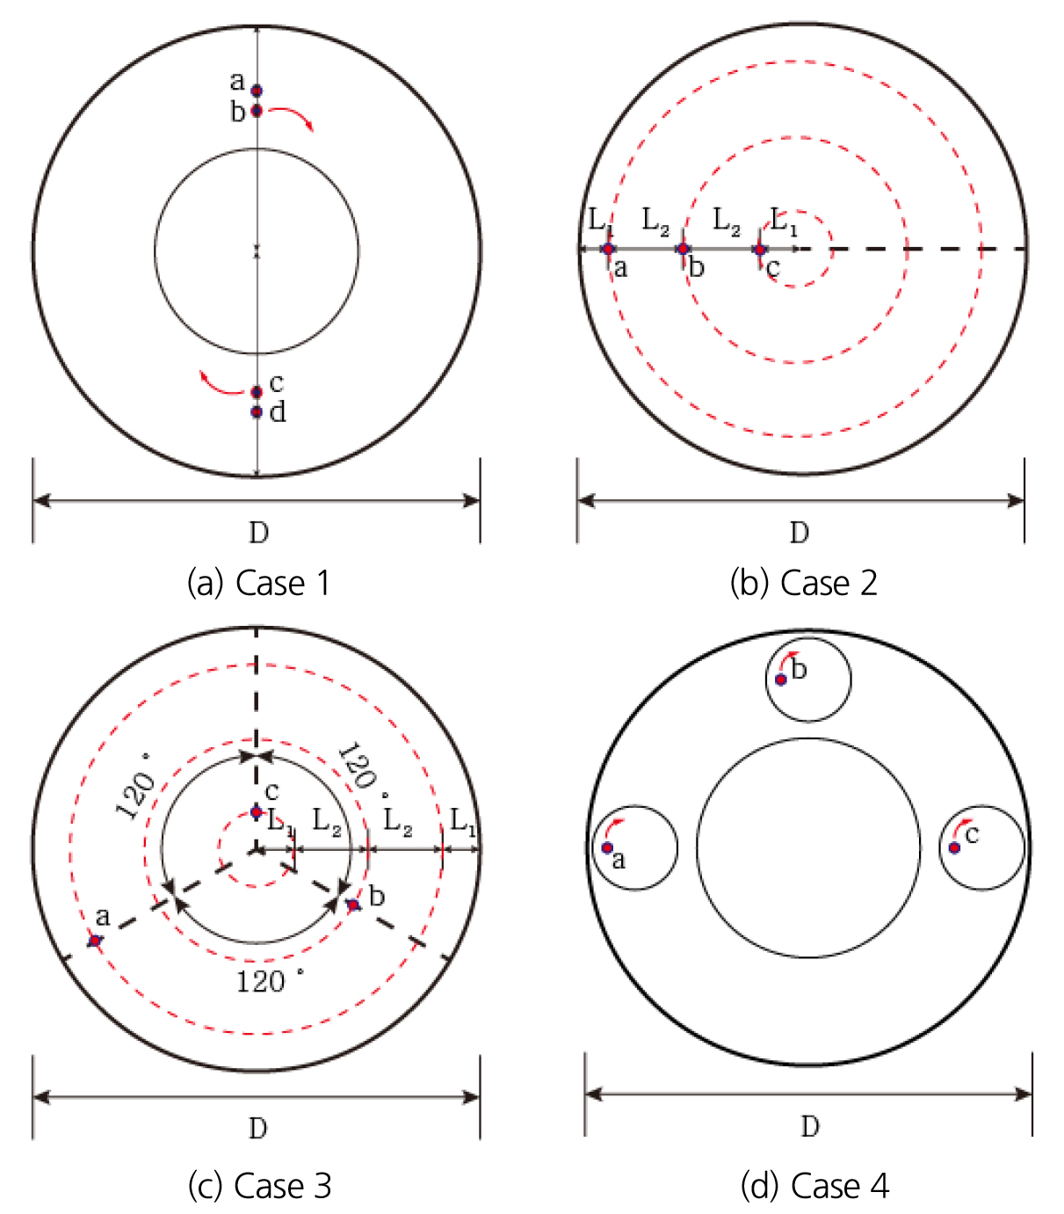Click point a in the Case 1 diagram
pyautogui.click(x=257, y=91)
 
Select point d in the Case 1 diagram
pyautogui.click(x=257, y=411)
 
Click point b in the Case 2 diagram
pyautogui.click(x=683, y=249)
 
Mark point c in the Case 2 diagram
pyautogui.click(x=760, y=250)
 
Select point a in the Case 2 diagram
pyautogui.click(x=608, y=249)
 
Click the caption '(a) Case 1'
pyautogui.click(x=259, y=583)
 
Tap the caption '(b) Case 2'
pyautogui.click(x=803, y=583)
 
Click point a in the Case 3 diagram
pyautogui.click(x=95, y=940)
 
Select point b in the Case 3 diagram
pyautogui.click(x=353, y=905)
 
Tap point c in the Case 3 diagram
pyautogui.click(x=257, y=812)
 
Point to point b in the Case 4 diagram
pyautogui.click(x=780, y=680)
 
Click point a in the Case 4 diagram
pyautogui.click(x=607, y=847)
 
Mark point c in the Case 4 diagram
pyautogui.click(x=954, y=848)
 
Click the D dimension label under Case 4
pyautogui.click(x=810, y=1127)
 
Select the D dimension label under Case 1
pyautogui.click(x=259, y=532)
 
